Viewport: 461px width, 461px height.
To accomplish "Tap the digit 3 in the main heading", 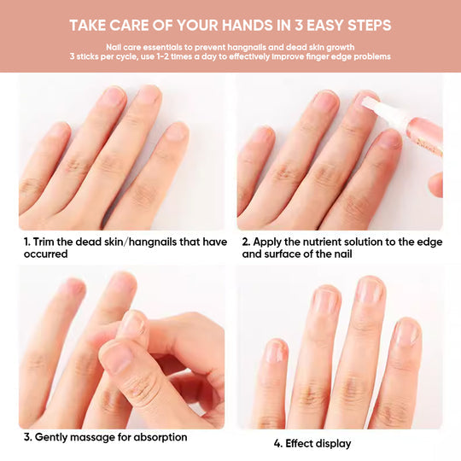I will [x=300, y=24].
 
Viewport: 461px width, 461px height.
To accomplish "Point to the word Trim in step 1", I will [x=47, y=242].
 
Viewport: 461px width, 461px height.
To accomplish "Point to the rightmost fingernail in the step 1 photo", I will [x=176, y=131].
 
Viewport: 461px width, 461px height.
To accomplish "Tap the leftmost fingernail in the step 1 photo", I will [x=58, y=131].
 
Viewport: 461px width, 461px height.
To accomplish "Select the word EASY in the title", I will [x=332, y=24].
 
